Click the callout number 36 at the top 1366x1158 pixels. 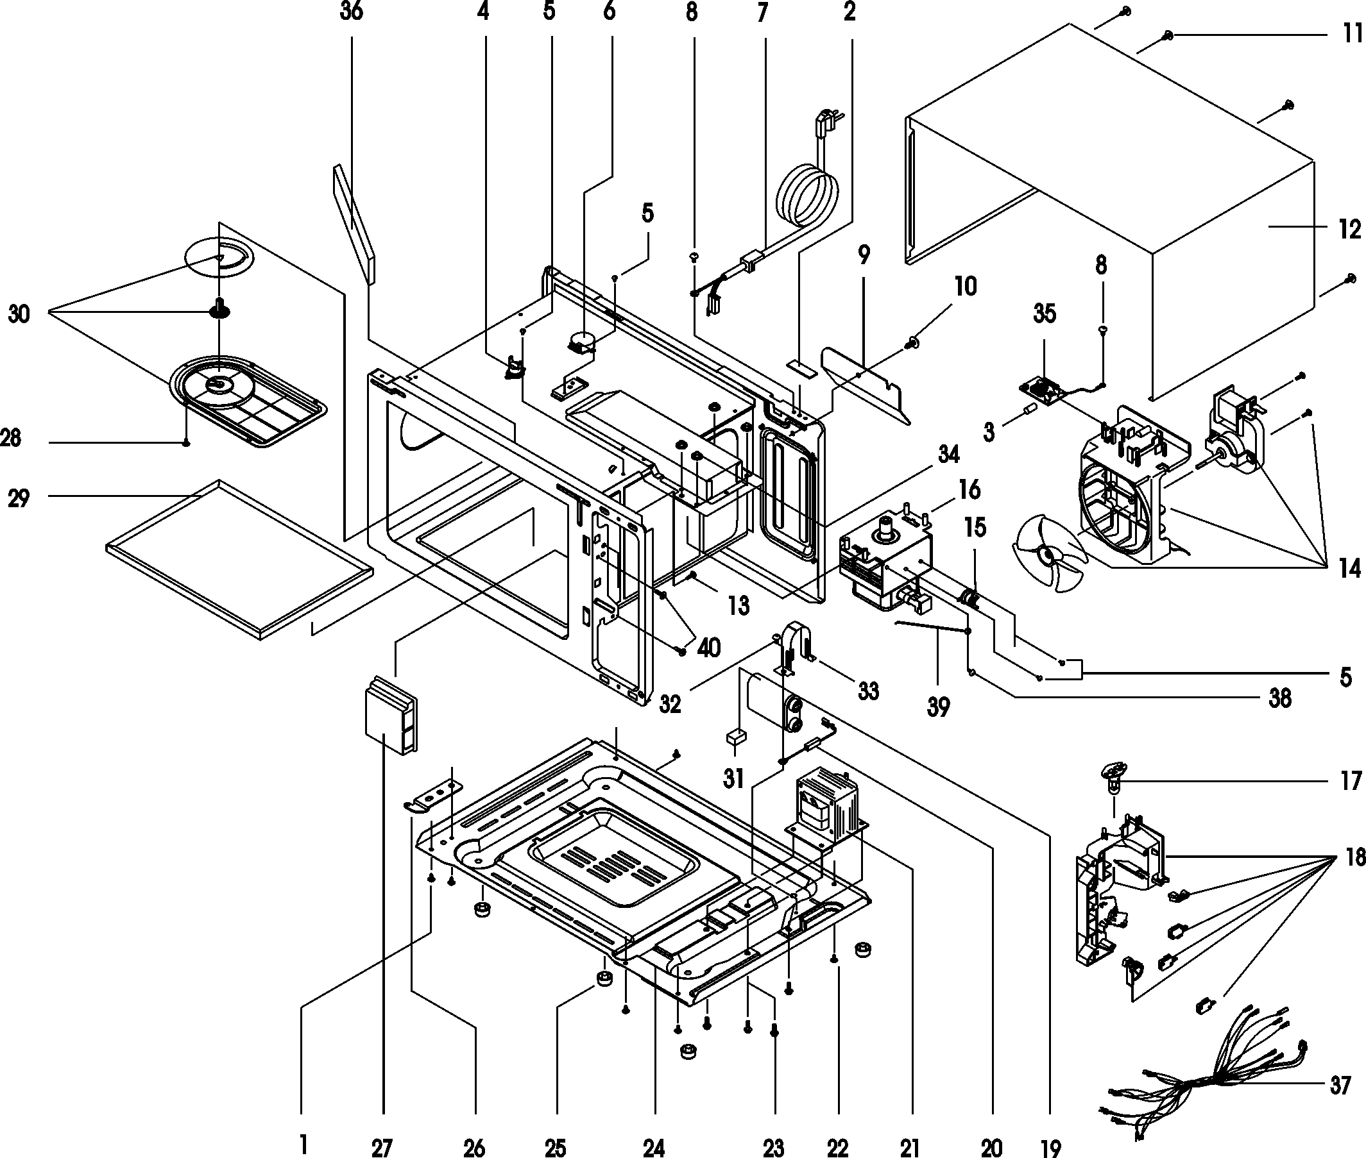pos(352,11)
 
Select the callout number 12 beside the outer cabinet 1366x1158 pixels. pos(1349,229)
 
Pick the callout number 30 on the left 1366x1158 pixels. pos(19,314)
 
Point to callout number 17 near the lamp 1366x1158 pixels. pos(1350,781)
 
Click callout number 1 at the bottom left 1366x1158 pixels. pos(303,1145)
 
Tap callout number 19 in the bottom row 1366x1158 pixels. pos(1051,1148)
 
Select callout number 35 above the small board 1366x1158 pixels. pos(1044,314)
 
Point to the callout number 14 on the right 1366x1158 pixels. pos(1349,569)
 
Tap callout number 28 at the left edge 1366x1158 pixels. pos(11,438)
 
